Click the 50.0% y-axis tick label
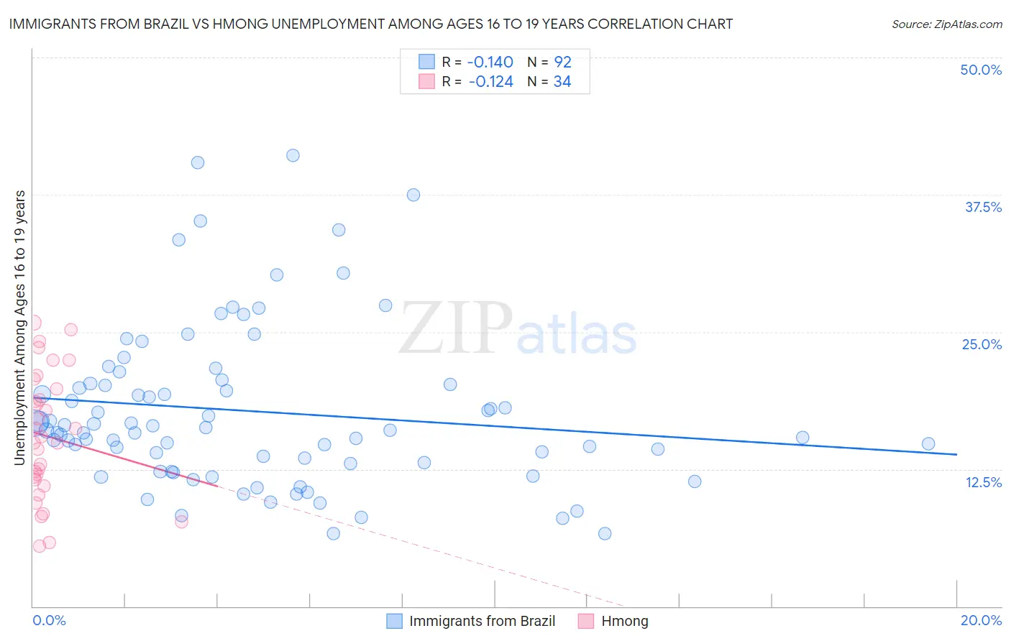point(981,70)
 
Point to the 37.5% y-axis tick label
point(983,207)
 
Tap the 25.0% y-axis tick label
point(982,344)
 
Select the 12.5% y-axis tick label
point(983,482)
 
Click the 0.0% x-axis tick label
point(49,620)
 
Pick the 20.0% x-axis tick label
point(981,620)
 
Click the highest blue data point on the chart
point(293,155)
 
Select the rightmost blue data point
point(928,444)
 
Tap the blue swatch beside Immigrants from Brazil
point(394,621)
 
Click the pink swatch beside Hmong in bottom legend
point(586,621)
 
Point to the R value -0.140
point(490,62)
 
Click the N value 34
point(562,82)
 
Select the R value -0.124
point(490,82)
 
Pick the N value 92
point(562,62)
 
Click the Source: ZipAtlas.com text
point(946,24)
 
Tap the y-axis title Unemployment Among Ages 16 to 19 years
point(20,328)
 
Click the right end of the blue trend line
point(956,454)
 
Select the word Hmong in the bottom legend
point(624,621)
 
